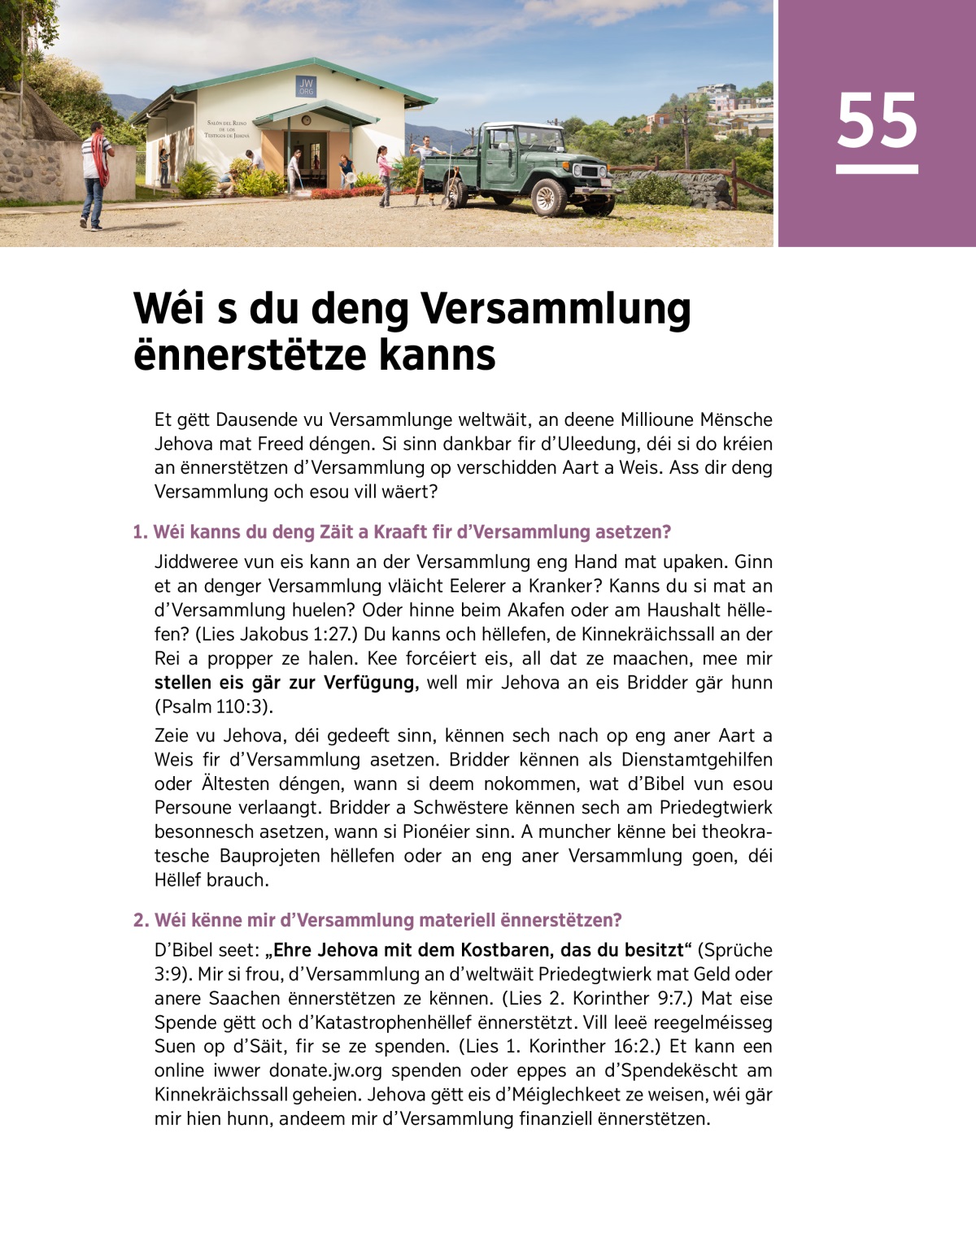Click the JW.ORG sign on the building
pos(306,87)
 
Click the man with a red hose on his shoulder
pos(95,174)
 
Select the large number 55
pos(877,122)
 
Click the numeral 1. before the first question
pos(140,532)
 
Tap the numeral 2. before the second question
pos(141,920)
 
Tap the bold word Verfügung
pos(370,683)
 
